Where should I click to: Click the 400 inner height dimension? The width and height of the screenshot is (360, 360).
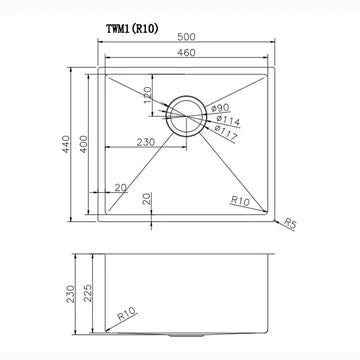87,144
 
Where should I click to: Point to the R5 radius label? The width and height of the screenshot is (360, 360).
291,224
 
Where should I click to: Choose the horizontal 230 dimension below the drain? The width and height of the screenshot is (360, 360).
145,143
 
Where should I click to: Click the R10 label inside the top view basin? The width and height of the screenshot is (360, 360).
237,201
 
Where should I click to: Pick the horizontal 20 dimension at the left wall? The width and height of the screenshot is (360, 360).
120,187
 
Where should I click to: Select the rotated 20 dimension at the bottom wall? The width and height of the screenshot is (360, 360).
148,199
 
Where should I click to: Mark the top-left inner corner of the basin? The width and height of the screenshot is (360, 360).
109,77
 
